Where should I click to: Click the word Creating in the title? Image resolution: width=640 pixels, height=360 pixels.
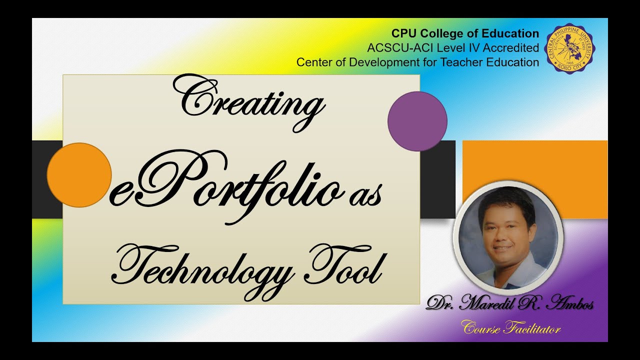[x=248, y=100]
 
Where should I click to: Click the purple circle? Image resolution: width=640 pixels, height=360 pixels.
[x=417, y=121]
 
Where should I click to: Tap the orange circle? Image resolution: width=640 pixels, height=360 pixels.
[x=79, y=175]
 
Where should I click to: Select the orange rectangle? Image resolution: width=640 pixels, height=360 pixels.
[x=534, y=165]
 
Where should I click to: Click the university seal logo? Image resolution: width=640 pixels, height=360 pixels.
[x=570, y=48]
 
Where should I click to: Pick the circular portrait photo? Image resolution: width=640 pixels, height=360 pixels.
[x=508, y=237]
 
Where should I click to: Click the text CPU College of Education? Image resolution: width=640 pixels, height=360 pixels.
[x=465, y=33]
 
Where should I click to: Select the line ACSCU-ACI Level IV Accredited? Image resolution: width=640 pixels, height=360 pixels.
[x=453, y=48]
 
